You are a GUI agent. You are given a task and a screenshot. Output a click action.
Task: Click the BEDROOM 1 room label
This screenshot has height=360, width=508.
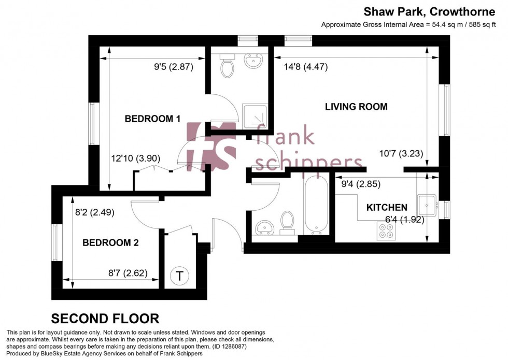point(152,119)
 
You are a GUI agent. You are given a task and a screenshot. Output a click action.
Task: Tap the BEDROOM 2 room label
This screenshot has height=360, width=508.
point(110,242)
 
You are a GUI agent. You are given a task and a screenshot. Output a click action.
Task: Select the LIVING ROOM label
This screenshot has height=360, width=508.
point(356,107)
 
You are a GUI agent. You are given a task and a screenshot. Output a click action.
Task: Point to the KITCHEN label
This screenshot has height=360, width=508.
point(387,208)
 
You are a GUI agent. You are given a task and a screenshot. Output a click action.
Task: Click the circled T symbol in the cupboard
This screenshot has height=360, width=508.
point(179,276)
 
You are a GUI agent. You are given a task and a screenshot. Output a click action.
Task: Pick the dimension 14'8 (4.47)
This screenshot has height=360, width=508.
point(306,67)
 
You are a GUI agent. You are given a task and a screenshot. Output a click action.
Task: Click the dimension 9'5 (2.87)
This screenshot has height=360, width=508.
point(173,67)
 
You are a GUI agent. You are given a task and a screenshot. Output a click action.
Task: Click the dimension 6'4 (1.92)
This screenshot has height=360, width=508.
point(404,220)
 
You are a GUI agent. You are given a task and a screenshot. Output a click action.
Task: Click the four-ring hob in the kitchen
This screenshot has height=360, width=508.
point(386,235)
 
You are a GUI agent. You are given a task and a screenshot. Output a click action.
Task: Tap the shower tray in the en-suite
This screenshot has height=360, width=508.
point(255,117)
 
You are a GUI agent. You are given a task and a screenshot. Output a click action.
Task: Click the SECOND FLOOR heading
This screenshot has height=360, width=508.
point(105,319)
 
